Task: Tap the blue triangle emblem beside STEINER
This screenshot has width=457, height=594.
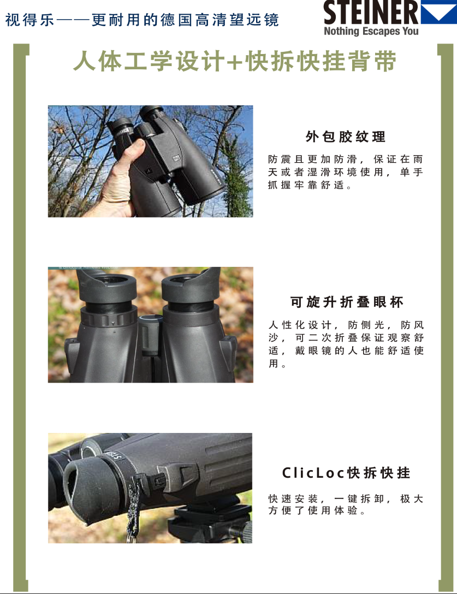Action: (x=438, y=13)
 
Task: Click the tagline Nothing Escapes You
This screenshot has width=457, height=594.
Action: (x=371, y=31)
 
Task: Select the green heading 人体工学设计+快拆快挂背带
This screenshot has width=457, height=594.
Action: (x=235, y=61)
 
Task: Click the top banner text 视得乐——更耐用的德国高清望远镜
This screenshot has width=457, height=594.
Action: (x=142, y=20)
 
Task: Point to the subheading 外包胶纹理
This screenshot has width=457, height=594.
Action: (x=345, y=136)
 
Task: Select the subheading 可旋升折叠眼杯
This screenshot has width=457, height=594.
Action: (x=347, y=302)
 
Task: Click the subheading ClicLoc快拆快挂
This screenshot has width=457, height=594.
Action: (x=346, y=473)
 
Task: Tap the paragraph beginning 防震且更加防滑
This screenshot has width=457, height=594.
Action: (x=345, y=172)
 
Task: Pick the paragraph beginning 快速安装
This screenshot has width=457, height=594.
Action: (x=345, y=504)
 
